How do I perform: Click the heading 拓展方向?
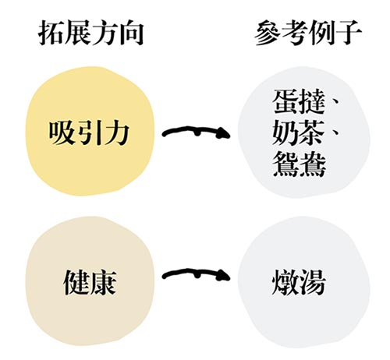tap(91, 34)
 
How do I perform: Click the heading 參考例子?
tap(307, 34)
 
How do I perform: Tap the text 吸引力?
tap(89, 133)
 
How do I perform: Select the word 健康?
tap(90, 282)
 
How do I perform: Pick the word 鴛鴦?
tap(299, 164)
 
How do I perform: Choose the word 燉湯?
tap(299, 282)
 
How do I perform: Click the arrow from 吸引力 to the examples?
tap(197, 130)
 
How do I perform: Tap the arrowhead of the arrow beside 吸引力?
tap(224, 132)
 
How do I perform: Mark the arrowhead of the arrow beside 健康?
tap(224, 275)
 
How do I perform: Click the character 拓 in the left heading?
tap(51, 34)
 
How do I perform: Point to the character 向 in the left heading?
tap(132, 34)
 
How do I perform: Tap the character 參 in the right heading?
tap(267, 34)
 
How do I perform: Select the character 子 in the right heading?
tap(349, 34)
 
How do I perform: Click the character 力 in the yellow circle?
tap(116, 133)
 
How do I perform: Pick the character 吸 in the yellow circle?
tap(61, 133)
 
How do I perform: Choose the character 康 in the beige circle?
tap(103, 282)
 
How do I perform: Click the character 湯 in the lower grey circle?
tap(313, 282)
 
